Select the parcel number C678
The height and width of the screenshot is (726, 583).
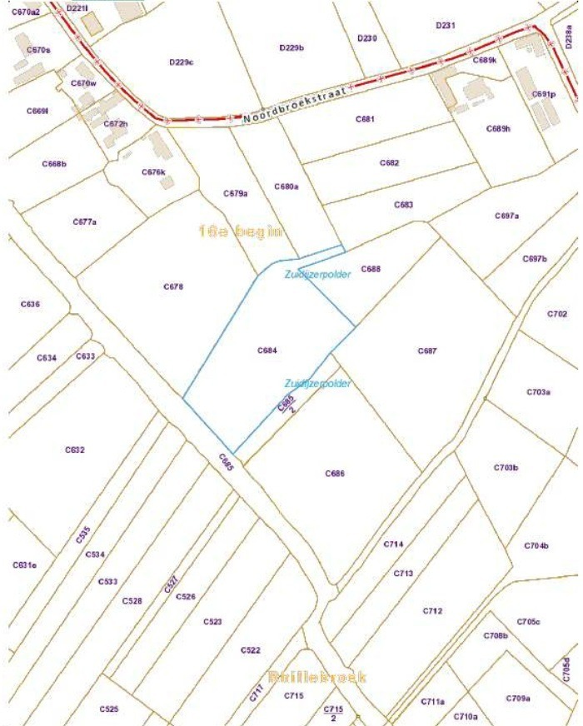[172, 286]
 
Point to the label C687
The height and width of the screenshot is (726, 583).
[427, 351]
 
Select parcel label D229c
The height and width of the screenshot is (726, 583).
[181, 62]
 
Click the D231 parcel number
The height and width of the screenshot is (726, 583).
[446, 26]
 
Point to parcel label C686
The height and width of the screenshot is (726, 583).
[334, 474]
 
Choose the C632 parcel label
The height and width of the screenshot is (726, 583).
[75, 450]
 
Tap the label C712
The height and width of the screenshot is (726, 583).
[432, 610]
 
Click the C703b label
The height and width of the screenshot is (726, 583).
[506, 468]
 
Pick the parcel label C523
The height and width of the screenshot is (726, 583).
[212, 622]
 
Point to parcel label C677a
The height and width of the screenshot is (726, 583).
[84, 222]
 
